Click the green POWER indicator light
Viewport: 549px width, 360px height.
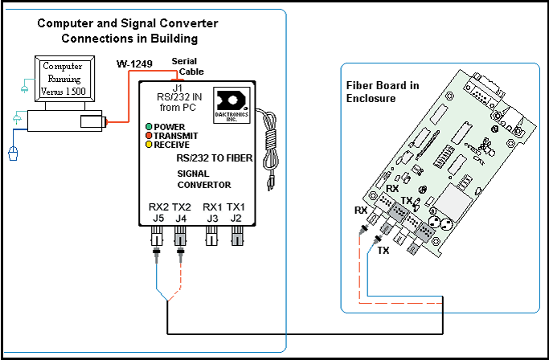pos(149,127)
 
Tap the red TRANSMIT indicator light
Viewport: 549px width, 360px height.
pos(149,136)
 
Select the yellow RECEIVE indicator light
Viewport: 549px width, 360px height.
pos(149,145)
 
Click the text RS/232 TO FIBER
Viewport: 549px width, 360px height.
pos(215,159)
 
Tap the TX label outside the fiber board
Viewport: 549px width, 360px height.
pos(383,251)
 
